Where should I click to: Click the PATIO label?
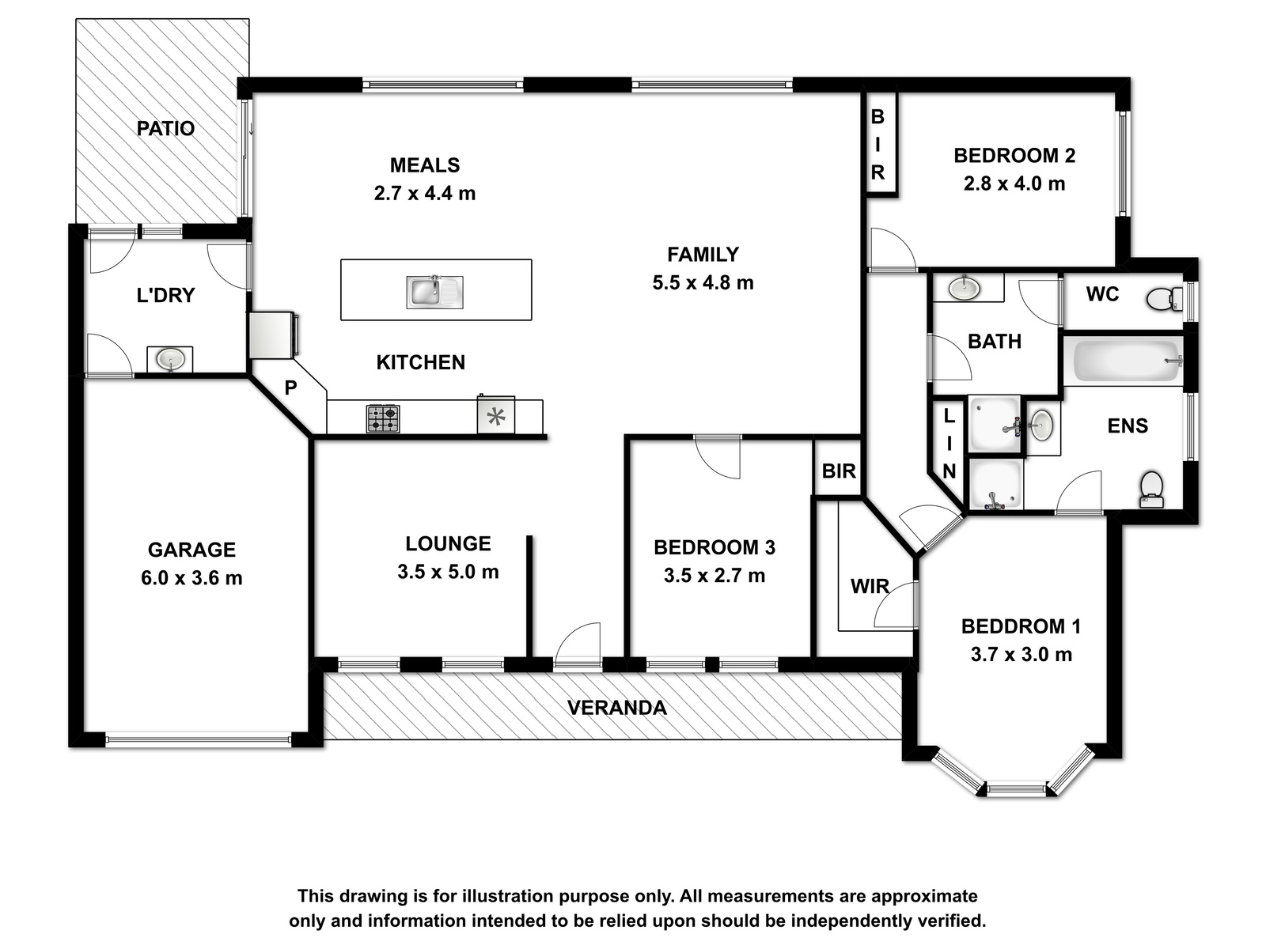(165, 128)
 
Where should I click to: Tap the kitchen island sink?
(434, 292)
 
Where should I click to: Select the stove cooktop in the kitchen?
(383, 419)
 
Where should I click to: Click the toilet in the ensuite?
(1152, 490)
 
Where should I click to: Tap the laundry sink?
(170, 360)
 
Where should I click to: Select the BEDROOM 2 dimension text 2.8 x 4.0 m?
(1014, 183)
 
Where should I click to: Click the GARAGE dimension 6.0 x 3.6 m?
(191, 578)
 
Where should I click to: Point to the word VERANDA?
(616, 708)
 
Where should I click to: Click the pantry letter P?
(290, 388)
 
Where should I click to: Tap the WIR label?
(870, 587)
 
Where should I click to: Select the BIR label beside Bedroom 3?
(839, 471)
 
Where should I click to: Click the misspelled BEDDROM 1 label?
(1021, 626)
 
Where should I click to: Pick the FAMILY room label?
(703, 255)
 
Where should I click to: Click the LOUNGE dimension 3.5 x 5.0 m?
(448, 572)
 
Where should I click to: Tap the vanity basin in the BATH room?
(963, 287)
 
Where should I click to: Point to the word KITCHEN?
(420, 362)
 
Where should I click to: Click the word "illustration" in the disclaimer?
(508, 896)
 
